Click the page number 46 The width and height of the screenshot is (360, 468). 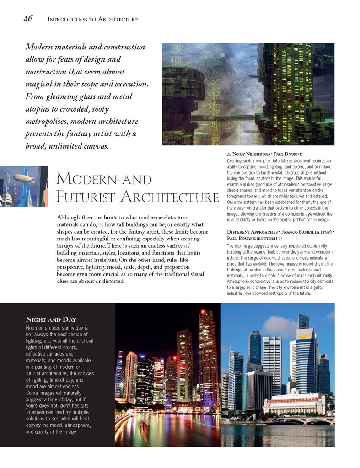point(27,18)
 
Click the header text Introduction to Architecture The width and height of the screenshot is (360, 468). point(92,19)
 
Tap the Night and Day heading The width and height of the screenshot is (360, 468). point(51,319)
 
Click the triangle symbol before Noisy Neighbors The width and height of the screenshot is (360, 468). point(229,154)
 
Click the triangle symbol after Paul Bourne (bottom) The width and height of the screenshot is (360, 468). point(280,239)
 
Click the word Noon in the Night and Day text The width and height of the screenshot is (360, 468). point(33,328)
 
